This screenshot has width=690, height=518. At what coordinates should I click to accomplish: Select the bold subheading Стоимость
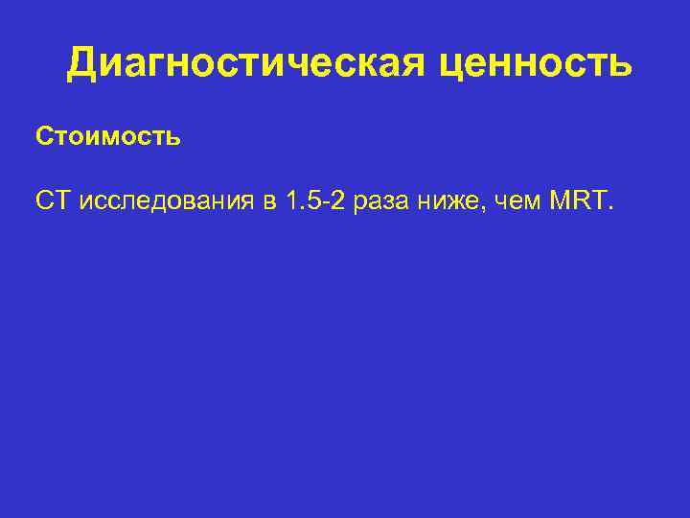(x=108, y=136)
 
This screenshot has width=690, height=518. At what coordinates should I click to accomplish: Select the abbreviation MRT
(x=578, y=202)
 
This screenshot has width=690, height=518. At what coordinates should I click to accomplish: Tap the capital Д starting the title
(x=81, y=63)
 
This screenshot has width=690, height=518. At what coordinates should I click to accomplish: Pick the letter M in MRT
(x=561, y=202)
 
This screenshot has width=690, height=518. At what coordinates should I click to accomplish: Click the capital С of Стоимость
(x=45, y=136)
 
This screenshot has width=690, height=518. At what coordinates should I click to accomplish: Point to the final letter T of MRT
(x=598, y=202)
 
